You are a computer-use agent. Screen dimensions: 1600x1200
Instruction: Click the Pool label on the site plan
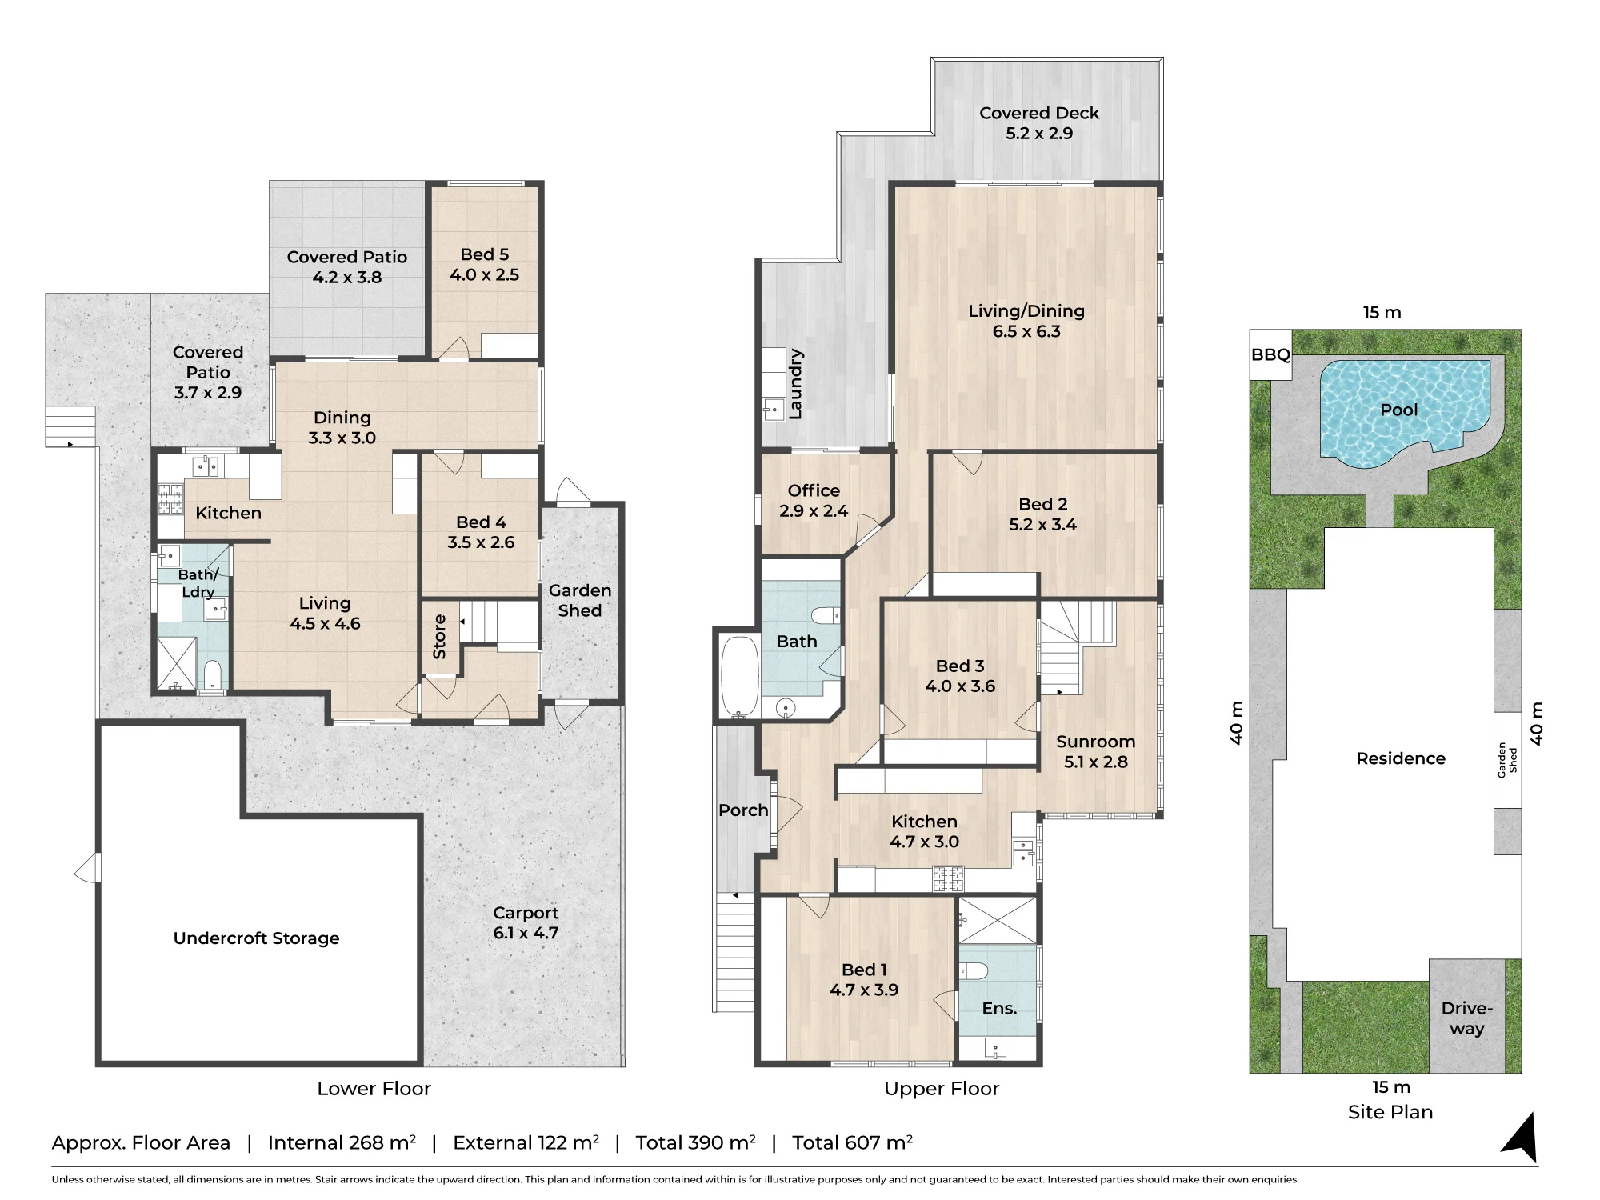(1398, 410)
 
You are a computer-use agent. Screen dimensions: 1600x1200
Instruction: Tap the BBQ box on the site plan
(1270, 354)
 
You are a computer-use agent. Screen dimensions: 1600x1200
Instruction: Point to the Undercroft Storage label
(256, 938)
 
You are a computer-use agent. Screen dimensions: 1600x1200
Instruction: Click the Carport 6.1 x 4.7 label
(526, 922)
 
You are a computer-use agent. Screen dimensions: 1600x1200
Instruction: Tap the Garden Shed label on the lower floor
(580, 600)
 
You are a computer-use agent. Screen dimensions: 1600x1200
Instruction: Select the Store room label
(439, 637)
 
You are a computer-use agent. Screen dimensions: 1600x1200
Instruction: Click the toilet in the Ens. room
(974, 971)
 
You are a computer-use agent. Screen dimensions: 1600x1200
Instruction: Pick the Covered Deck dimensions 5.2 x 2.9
(1039, 134)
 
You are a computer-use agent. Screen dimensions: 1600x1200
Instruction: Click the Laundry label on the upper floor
(795, 384)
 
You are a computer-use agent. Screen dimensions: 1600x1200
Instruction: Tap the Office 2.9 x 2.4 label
(814, 501)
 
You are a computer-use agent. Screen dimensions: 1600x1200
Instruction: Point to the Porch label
(743, 810)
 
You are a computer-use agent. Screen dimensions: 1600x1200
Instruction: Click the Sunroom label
(1095, 742)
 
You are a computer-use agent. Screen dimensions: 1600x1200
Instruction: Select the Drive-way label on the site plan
(1467, 1018)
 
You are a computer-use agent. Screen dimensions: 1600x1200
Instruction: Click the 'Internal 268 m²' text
(342, 1142)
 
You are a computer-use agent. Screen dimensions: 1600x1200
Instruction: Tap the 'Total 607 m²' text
(852, 1142)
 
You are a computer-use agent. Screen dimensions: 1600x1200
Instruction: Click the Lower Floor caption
(374, 1088)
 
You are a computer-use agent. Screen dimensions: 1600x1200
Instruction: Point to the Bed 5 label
(484, 254)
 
